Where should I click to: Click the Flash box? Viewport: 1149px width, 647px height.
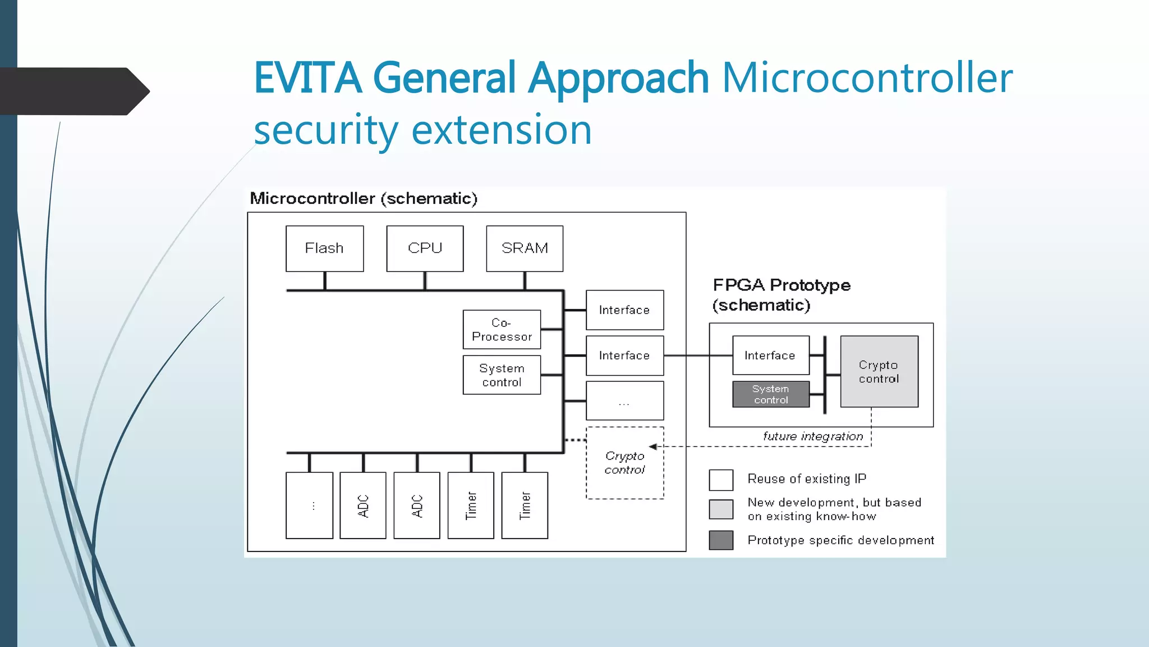[324, 248]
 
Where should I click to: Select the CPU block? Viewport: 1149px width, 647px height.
[425, 248]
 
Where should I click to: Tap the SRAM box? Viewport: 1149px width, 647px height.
[525, 248]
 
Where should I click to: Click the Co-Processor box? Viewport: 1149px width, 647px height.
[502, 330]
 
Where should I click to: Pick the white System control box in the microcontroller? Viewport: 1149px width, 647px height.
[502, 375]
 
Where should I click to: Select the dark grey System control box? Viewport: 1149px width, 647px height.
[770, 394]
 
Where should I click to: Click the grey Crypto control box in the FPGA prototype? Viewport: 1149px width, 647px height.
[879, 371]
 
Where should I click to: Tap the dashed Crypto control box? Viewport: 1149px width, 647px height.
[624, 463]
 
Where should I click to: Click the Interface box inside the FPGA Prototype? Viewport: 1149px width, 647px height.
[770, 356]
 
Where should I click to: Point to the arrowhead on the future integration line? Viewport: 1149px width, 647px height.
[652, 446]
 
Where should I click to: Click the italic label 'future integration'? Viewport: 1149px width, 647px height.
[812, 436]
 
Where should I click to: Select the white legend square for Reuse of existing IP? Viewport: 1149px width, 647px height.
[721, 480]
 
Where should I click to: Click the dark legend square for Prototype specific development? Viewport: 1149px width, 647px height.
[721, 540]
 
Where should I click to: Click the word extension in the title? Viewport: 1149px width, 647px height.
[502, 130]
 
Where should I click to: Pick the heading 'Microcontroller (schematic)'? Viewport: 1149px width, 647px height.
[364, 198]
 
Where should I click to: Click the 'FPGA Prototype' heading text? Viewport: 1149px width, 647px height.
[781, 285]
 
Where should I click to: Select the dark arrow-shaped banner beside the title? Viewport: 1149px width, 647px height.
[73, 91]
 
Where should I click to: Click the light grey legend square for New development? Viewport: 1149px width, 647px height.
[721, 509]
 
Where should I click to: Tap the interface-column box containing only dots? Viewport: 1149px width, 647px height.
[624, 401]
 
